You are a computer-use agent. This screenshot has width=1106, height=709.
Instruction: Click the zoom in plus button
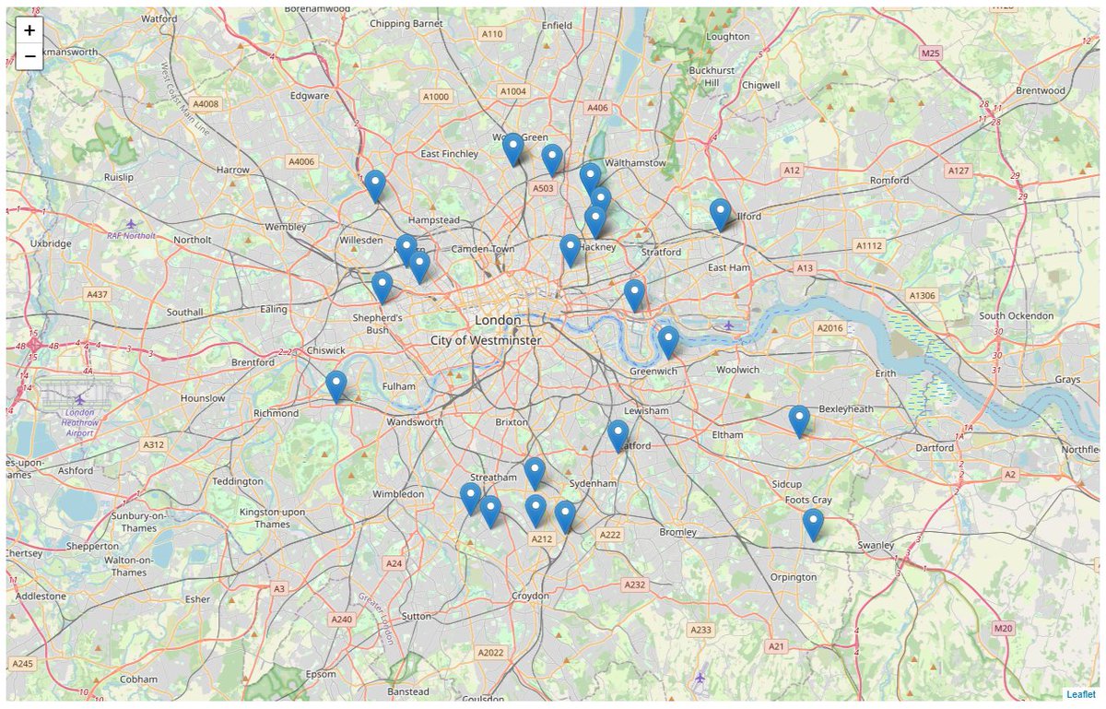(x=29, y=30)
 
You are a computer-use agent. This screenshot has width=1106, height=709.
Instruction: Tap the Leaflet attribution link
(x=1081, y=694)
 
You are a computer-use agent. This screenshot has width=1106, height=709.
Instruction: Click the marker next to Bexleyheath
(x=799, y=420)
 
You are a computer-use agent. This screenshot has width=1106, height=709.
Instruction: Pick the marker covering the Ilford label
(x=720, y=214)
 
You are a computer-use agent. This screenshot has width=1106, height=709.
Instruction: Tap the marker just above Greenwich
(x=668, y=341)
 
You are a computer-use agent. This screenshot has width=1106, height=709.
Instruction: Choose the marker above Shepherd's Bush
(x=382, y=287)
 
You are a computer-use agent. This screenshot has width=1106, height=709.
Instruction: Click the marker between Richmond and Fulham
(x=336, y=385)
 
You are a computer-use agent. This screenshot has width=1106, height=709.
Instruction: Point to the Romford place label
(x=889, y=180)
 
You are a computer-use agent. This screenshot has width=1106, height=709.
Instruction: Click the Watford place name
(x=159, y=18)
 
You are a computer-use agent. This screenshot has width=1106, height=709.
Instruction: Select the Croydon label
(x=530, y=597)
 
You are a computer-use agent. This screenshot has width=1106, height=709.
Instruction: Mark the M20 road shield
(x=1003, y=628)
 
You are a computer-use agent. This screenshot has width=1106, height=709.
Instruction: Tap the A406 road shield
(x=597, y=108)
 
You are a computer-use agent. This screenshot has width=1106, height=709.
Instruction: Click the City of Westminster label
(x=486, y=340)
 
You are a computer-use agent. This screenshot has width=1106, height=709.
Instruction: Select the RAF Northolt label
(x=130, y=235)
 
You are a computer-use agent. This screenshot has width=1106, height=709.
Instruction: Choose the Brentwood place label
(x=1040, y=90)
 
